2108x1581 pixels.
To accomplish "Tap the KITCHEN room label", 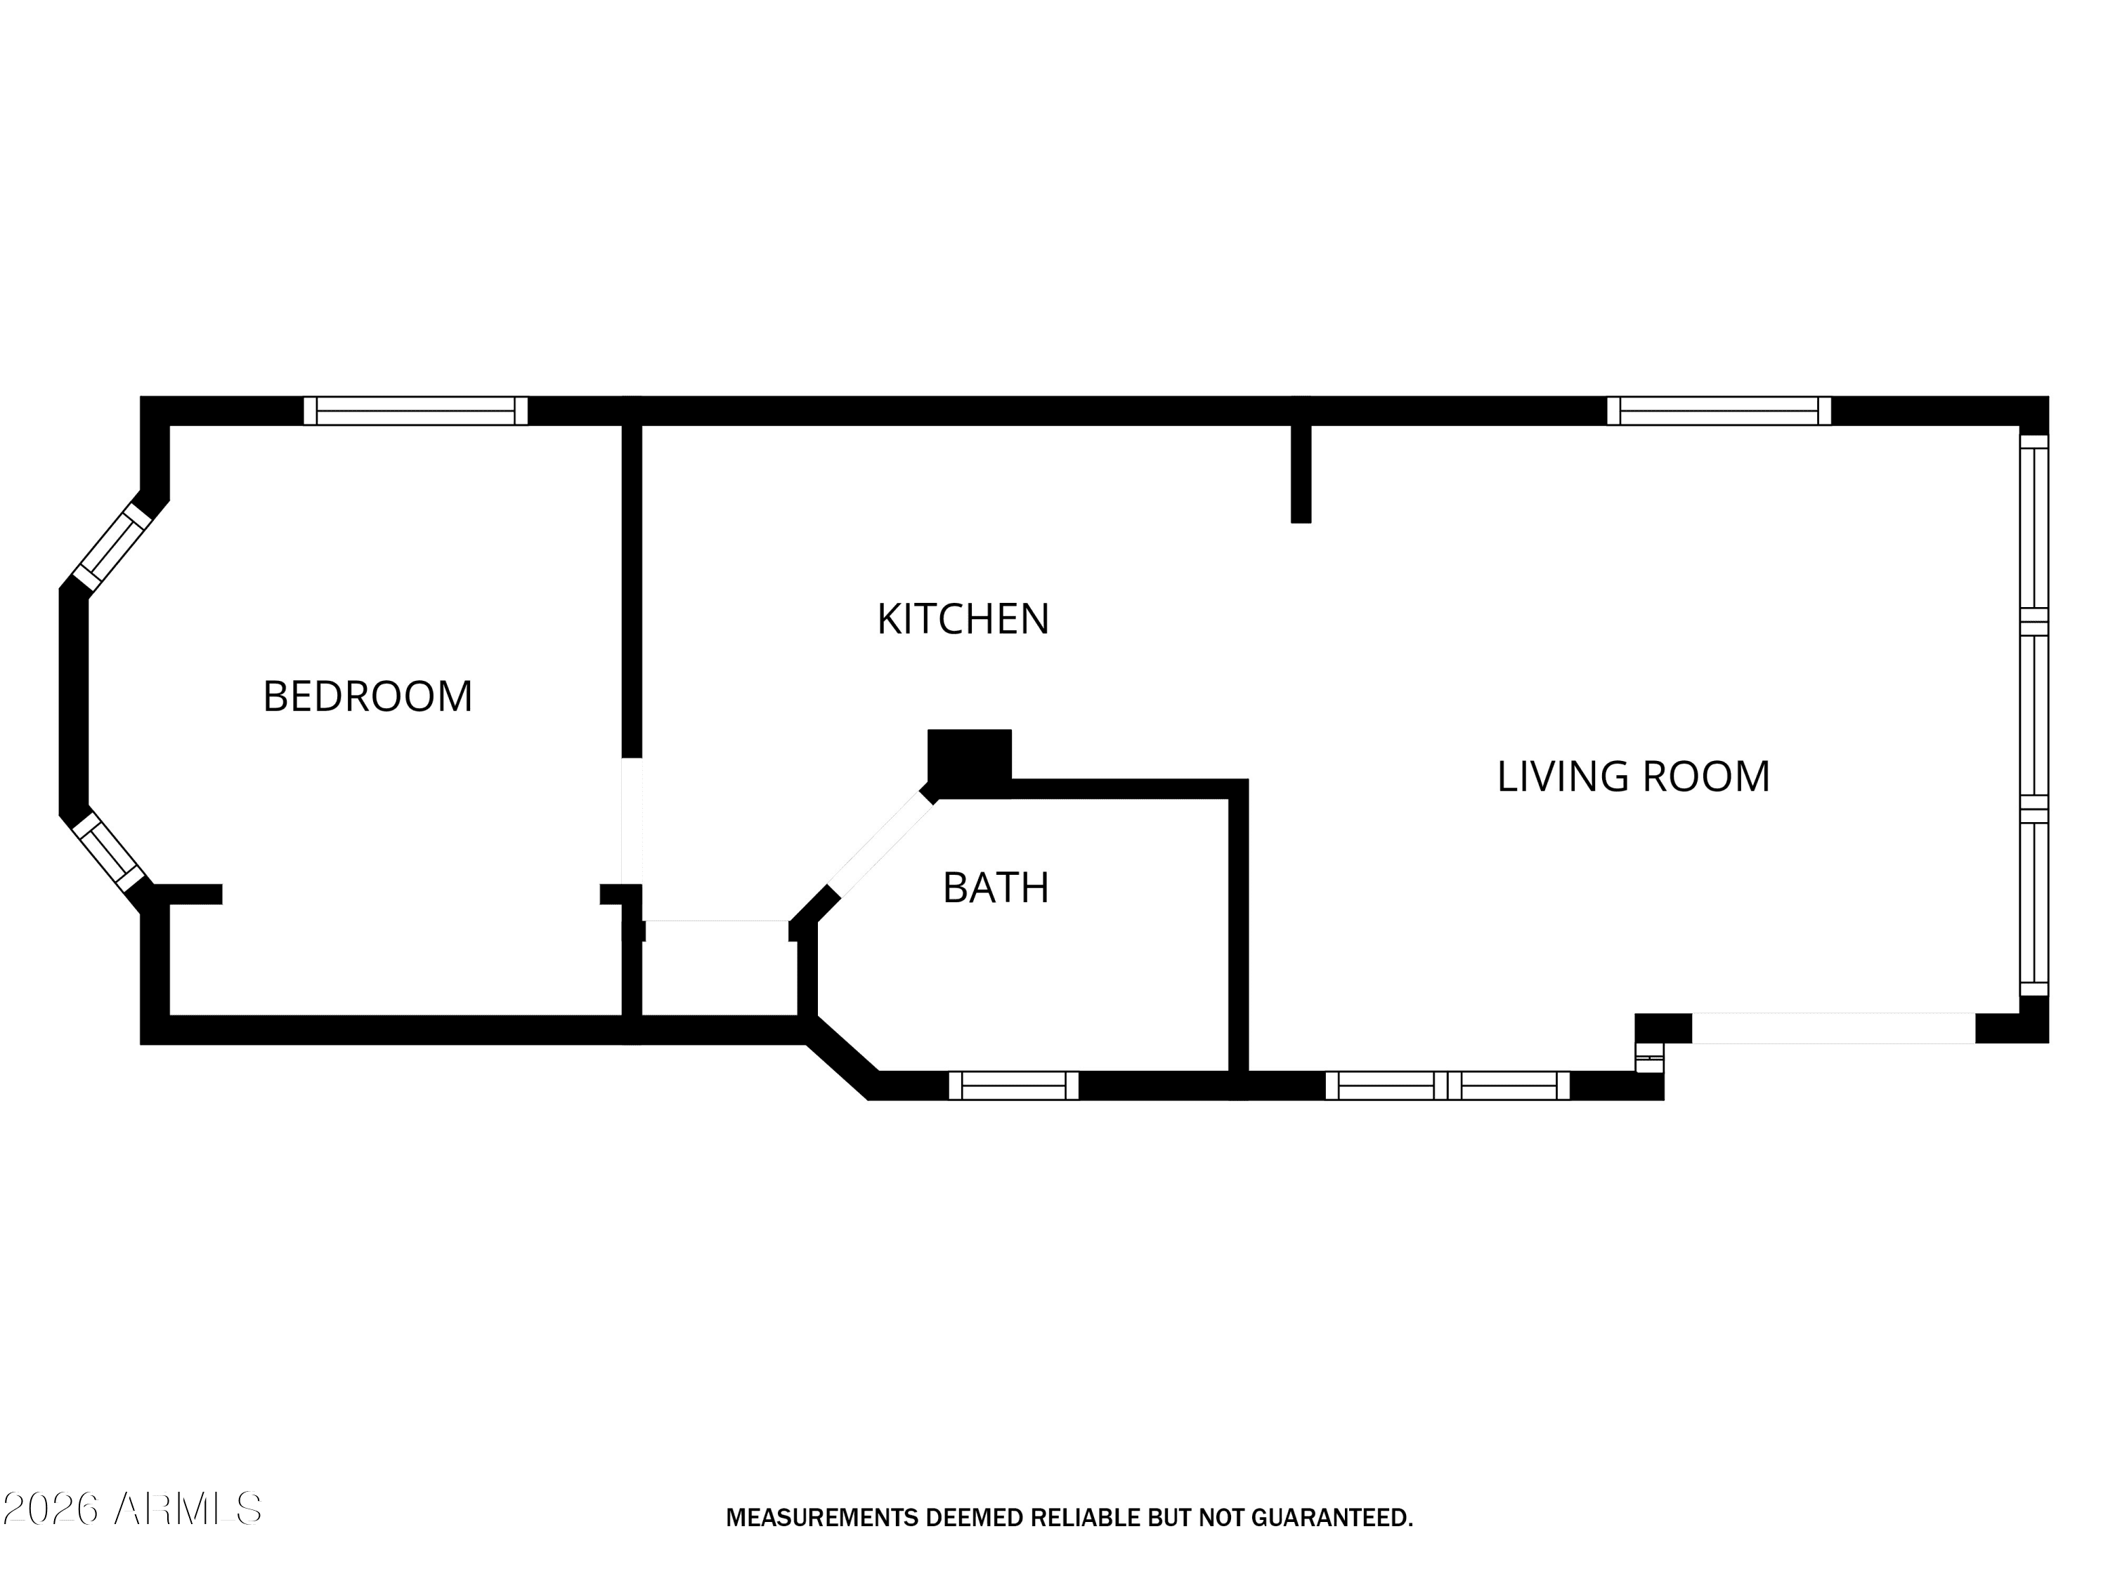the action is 963,620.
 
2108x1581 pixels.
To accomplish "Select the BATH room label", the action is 996,888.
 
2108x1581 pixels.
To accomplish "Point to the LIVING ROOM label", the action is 1634,776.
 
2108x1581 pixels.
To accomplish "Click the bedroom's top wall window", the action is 415,411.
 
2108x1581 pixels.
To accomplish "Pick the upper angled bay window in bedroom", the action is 112,547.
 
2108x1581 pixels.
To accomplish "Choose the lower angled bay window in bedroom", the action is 109,851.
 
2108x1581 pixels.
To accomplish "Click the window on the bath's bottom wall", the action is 1013,1086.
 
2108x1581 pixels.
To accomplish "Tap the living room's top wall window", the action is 1718,411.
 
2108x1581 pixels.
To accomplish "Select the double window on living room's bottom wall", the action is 1447,1086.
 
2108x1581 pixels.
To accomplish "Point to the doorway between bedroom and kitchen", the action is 632,821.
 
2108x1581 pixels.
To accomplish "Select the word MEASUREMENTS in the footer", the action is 822,1518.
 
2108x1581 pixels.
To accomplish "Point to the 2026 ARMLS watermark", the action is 131,1509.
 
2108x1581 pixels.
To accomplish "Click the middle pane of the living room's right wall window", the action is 2035,715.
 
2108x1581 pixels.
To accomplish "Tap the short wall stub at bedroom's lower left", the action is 188,894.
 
